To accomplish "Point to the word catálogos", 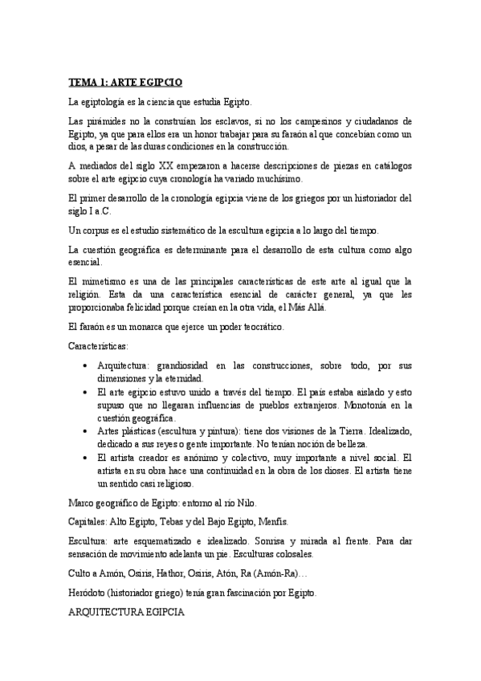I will point(389,165).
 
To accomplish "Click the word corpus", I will point(97,230).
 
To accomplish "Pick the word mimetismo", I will point(108,281).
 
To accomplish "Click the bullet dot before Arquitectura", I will point(86,365).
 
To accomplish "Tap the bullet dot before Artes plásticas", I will point(86,431).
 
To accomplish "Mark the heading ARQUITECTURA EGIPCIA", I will point(127,611).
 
